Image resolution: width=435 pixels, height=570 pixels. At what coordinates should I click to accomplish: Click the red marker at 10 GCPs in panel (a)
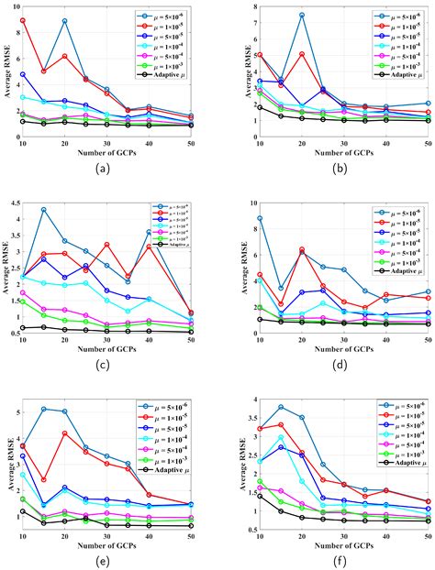click(22, 20)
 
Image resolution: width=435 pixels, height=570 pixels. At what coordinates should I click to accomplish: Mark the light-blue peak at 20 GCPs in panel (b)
click(302, 15)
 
